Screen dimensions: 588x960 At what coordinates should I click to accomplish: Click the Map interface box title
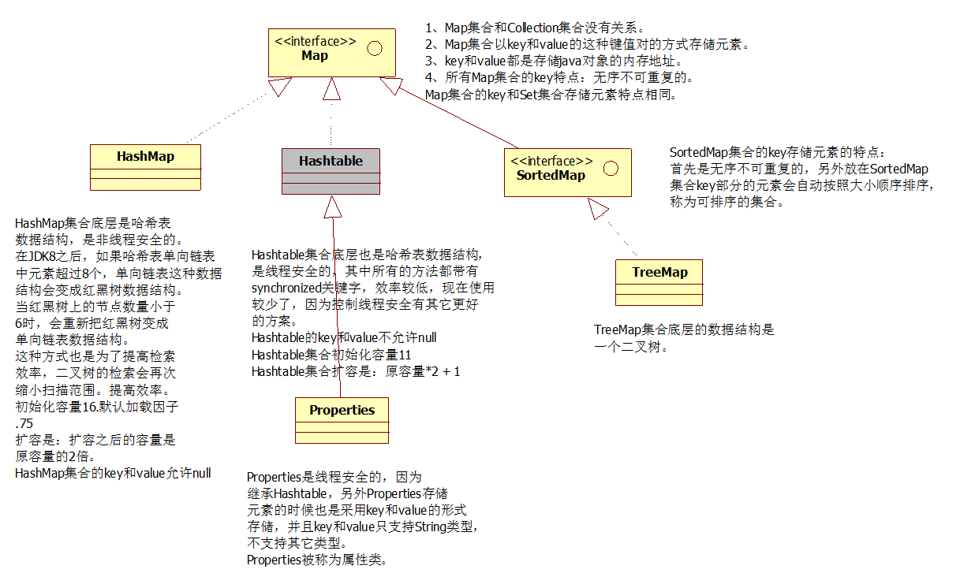click(x=315, y=56)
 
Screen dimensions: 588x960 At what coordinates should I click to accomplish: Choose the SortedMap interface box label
click(x=551, y=175)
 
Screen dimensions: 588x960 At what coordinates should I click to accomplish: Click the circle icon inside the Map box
click(x=375, y=49)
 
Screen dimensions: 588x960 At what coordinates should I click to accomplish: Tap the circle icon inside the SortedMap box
click(x=610, y=168)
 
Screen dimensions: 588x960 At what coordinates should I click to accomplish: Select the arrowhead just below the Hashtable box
click(x=333, y=207)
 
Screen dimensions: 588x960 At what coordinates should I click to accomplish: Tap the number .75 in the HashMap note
click(x=24, y=423)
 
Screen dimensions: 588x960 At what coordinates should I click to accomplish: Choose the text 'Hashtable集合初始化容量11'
click(x=331, y=355)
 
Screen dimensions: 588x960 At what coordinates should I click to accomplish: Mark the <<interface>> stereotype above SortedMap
click(x=551, y=161)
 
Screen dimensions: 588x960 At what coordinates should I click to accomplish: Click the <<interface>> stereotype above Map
click(x=315, y=42)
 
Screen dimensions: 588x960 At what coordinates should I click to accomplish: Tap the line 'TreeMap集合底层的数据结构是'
click(x=684, y=330)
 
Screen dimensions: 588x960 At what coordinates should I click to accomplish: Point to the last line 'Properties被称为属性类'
click(x=316, y=560)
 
